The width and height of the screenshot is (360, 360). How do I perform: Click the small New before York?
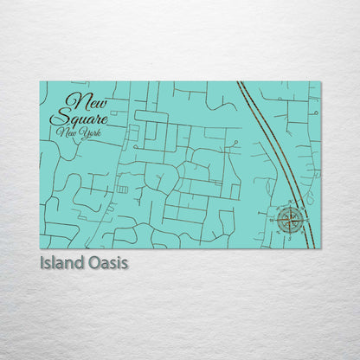(x=66, y=132)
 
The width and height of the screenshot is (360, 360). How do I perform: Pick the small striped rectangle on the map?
(x=122, y=189)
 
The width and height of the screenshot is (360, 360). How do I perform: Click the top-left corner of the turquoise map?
(x=40, y=82)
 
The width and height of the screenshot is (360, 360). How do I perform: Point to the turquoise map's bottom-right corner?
(x=320, y=248)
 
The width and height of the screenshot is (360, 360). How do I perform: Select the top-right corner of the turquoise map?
(x=320, y=82)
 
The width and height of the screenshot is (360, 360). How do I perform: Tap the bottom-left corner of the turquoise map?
(x=40, y=248)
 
